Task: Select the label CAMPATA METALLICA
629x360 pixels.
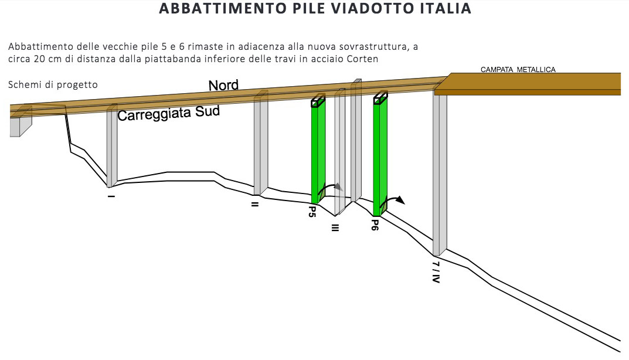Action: [x=518, y=69]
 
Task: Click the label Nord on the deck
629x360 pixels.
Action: [x=223, y=86]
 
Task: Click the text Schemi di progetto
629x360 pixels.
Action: [x=53, y=85]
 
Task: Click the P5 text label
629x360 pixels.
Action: [x=312, y=212]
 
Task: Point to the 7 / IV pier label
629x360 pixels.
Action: [x=436, y=272]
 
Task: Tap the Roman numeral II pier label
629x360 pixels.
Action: [x=255, y=204]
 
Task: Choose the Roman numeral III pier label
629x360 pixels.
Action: [x=335, y=227]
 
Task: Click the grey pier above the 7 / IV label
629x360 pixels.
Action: [x=440, y=170]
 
